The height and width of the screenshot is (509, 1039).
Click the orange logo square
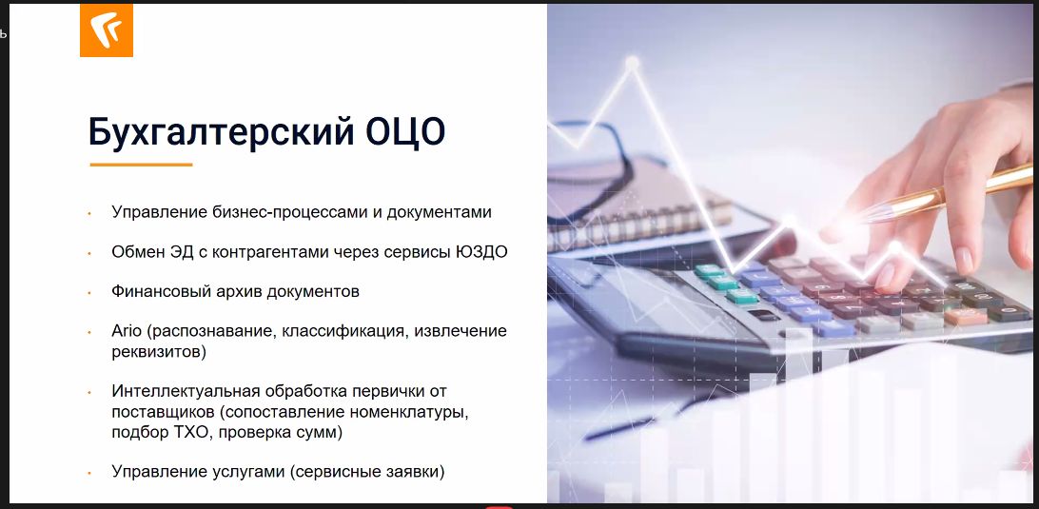pos(106,29)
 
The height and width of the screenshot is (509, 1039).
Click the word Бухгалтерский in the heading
pos(222,131)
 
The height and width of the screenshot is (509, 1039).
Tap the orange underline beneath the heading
pos(141,165)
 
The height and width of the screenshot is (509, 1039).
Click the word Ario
pos(127,331)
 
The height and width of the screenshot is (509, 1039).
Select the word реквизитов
pos(158,352)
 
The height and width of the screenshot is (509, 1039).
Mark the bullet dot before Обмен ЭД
pos(88,253)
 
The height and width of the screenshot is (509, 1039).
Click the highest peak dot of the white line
pos(632,64)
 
